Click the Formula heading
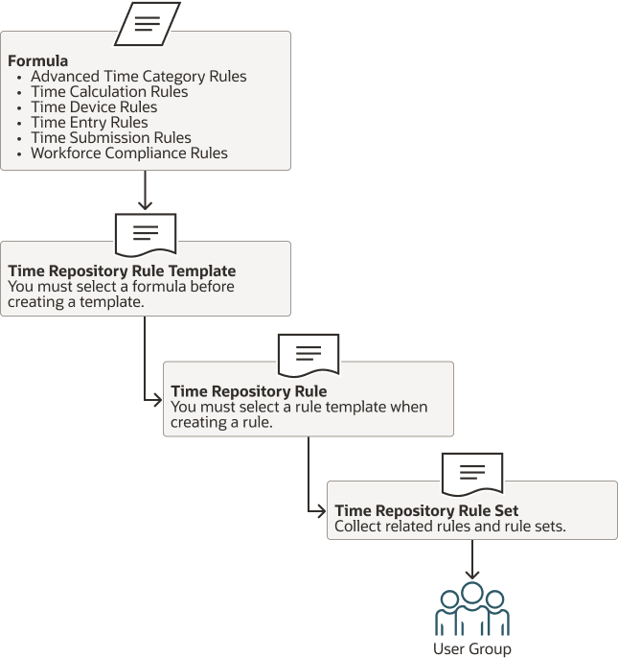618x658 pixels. (37, 60)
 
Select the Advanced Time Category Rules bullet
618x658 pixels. (138, 76)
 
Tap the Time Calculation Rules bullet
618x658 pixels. (109, 91)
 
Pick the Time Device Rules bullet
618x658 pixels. (94, 106)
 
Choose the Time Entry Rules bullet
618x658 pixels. (89, 122)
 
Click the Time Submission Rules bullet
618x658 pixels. (110, 137)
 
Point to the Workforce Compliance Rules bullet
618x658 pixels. (129, 153)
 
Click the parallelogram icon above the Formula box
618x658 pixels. (147, 24)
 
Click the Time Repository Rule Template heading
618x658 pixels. (122, 270)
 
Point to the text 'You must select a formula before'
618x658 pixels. (121, 286)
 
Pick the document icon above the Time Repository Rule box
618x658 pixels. (308, 354)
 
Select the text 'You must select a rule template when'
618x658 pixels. (299, 407)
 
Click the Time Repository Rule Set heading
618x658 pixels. (426, 510)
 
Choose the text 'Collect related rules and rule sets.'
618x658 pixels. (449, 526)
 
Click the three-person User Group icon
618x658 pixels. (471, 609)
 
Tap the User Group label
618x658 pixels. (471, 649)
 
